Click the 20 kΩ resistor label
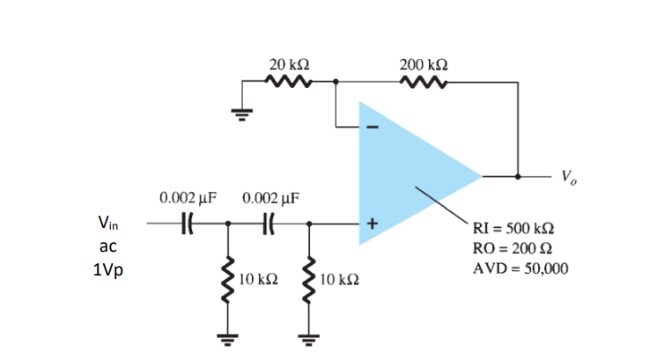click(288, 65)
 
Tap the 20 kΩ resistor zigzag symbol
click(288, 83)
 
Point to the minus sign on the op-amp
click(372, 129)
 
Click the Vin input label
click(107, 224)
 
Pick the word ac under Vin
click(107, 247)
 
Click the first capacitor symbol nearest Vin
click(186, 224)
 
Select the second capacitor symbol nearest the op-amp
click(269, 224)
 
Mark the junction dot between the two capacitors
click(229, 224)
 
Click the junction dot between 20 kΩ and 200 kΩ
click(336, 84)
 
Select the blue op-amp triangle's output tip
click(479, 176)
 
